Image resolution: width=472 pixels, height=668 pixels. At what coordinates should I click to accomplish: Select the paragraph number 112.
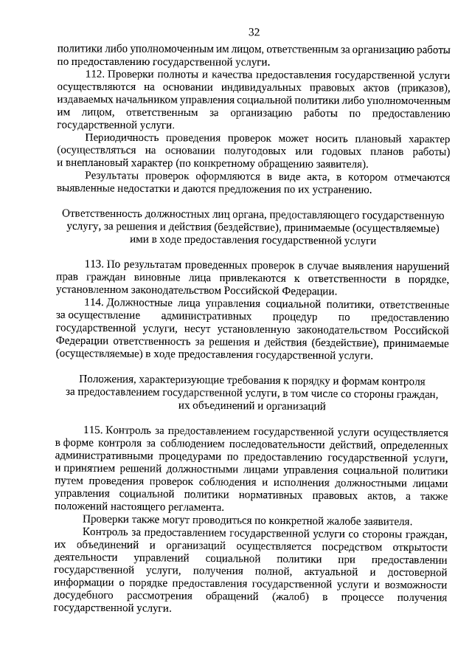(x=97, y=75)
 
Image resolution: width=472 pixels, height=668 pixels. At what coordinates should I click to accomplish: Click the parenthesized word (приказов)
(x=422, y=89)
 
